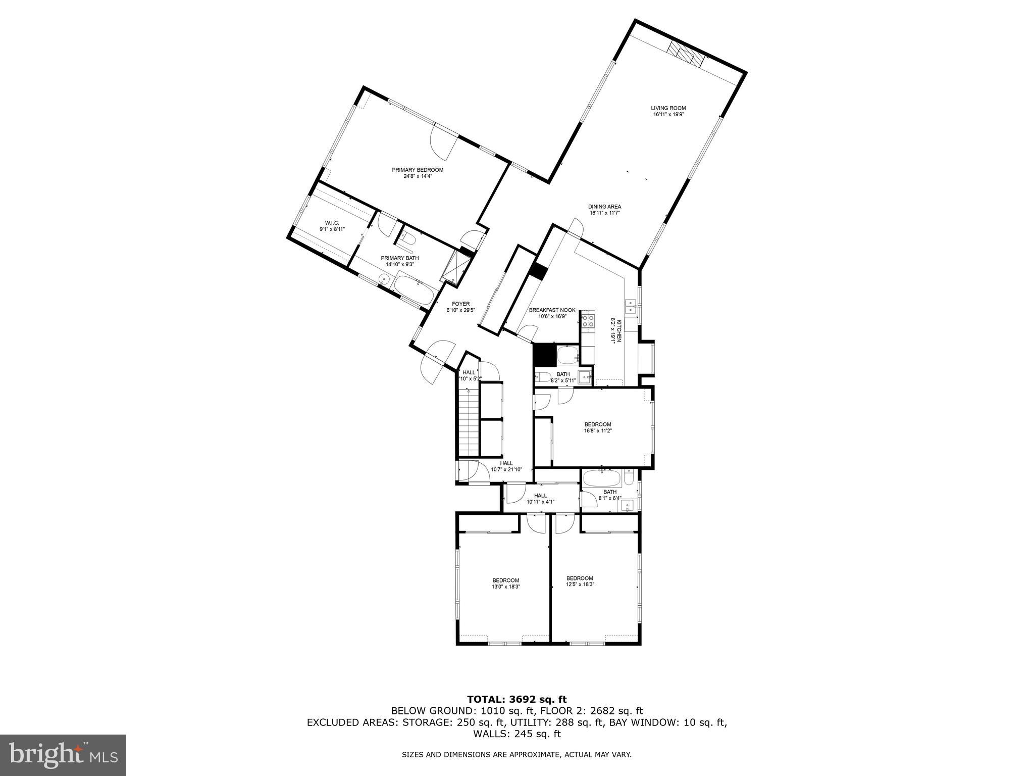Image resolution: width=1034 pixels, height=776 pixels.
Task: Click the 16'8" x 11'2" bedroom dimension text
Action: coord(598,431)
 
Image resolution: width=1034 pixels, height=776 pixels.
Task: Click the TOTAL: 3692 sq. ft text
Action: coord(516,700)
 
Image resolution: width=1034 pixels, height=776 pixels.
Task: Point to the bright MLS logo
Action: coord(63,755)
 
